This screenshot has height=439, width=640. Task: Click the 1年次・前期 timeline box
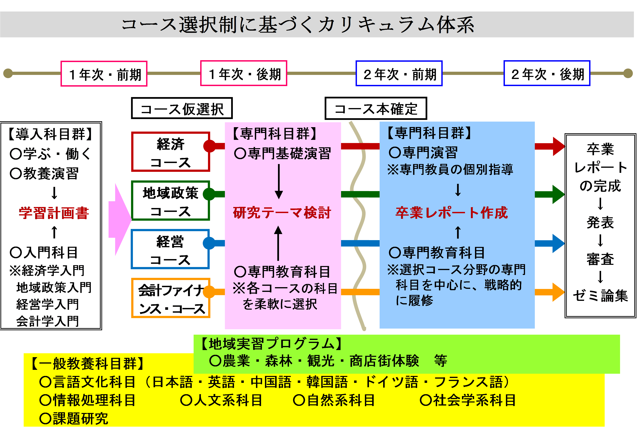pos(104,74)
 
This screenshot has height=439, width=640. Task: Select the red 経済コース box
pos(171,152)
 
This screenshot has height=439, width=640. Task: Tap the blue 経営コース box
pos(170,249)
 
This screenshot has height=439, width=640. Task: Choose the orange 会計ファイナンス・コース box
pos(171,298)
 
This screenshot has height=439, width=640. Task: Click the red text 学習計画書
pos(54,213)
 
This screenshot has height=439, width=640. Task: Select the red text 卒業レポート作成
pos(452,213)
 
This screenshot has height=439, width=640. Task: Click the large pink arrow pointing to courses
pos(120,220)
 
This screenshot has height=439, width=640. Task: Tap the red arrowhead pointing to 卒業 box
pos(558,146)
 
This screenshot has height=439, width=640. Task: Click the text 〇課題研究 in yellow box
pos(74,418)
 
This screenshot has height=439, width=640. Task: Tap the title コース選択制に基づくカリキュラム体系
pos(297,25)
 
